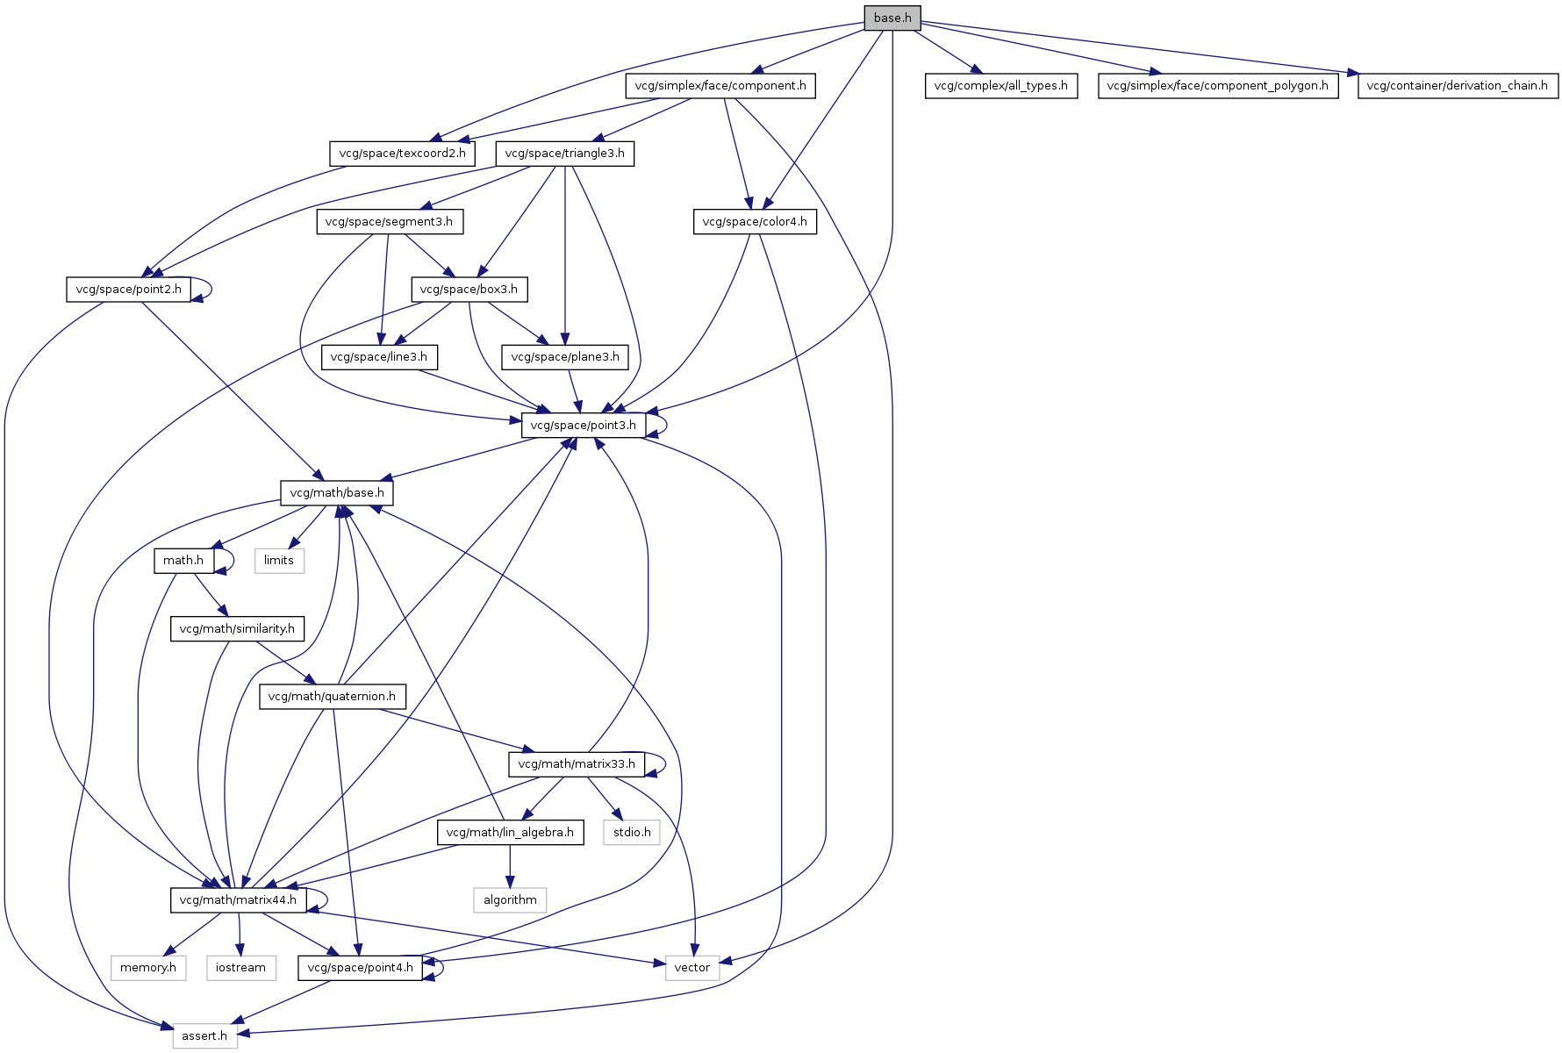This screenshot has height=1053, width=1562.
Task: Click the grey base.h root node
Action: click(892, 18)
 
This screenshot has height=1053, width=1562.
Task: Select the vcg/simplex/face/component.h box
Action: click(720, 86)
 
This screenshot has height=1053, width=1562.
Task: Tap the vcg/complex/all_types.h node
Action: click(1000, 86)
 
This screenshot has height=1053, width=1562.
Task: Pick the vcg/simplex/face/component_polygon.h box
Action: click(1218, 86)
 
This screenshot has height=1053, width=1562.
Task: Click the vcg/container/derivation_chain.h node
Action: click(1458, 86)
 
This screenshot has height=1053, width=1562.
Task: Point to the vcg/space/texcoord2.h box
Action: click(402, 154)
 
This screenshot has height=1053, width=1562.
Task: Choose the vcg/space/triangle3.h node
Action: click(564, 154)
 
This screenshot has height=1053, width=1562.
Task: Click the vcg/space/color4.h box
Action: click(755, 222)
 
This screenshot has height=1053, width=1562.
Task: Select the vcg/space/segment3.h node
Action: click(389, 222)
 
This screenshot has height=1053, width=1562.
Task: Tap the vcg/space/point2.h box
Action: click(128, 290)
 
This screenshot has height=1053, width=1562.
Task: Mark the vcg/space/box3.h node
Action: click(469, 290)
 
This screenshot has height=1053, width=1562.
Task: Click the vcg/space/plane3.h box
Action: click(564, 357)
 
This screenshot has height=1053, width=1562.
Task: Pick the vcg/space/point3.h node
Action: click(584, 426)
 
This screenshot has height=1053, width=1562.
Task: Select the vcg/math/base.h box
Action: click(337, 493)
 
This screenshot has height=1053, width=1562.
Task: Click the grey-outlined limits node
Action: click(279, 561)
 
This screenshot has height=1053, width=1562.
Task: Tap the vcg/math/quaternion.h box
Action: click(332, 697)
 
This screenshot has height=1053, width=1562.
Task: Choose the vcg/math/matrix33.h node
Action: click(577, 764)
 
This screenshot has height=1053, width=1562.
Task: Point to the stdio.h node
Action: click(632, 832)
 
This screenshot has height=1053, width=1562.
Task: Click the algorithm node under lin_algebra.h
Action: click(510, 900)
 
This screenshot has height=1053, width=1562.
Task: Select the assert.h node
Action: click(204, 1036)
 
